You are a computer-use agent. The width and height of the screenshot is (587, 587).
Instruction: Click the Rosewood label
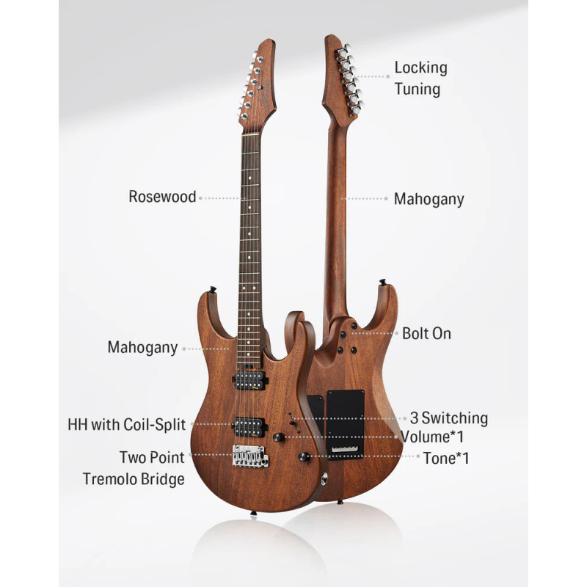point(162,197)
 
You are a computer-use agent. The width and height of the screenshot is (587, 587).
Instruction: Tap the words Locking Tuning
point(420,79)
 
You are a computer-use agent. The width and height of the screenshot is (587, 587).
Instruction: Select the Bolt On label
point(426,334)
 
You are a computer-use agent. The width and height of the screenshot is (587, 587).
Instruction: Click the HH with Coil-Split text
point(126,425)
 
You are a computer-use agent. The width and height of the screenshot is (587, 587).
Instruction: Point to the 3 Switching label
point(449,418)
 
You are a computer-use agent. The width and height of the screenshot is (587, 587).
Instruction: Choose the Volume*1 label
point(432,437)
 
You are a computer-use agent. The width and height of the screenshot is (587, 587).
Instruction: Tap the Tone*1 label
point(446,458)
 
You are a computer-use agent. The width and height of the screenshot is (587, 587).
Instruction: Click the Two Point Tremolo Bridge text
point(134,468)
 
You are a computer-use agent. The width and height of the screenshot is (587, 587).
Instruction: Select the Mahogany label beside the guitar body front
point(142,347)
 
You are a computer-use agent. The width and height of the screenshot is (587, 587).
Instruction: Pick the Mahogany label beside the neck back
point(429,199)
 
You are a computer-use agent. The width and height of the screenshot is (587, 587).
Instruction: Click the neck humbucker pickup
point(249,379)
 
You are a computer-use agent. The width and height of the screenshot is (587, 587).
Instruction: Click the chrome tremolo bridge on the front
point(250,456)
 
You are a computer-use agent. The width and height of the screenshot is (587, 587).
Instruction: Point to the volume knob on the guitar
point(278,437)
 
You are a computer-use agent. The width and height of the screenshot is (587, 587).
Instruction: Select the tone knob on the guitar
point(304,456)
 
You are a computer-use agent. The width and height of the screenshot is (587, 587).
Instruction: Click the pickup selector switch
point(293,423)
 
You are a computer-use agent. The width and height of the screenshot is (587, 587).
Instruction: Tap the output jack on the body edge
point(324,479)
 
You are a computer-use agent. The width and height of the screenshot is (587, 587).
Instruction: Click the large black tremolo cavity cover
point(345,423)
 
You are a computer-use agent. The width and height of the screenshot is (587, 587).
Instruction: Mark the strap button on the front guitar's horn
point(213,290)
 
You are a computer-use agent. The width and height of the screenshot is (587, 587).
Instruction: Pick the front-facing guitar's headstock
point(258,84)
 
